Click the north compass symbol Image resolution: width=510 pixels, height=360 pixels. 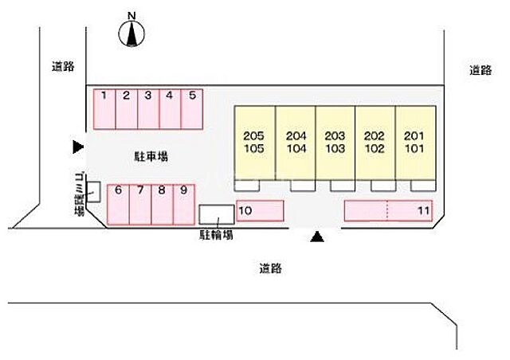(x=132, y=32)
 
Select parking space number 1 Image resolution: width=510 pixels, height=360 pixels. (x=104, y=108)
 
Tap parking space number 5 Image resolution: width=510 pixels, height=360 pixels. (x=192, y=108)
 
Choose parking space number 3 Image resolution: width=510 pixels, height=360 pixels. (x=148, y=108)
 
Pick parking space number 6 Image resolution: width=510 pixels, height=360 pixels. (x=118, y=205)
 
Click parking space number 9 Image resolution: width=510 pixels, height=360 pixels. (x=183, y=205)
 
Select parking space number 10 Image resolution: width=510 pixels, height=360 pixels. (x=260, y=210)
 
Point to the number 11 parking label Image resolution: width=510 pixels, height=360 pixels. (x=423, y=210)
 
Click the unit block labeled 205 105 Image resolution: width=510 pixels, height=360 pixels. (x=254, y=143)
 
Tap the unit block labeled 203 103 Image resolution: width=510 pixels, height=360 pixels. (x=335, y=143)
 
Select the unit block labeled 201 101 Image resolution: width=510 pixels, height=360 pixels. (x=415, y=143)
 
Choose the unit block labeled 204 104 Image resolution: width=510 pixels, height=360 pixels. (x=295, y=143)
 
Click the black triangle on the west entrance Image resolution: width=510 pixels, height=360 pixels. (x=77, y=147)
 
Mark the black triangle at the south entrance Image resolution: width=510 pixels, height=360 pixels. (x=317, y=236)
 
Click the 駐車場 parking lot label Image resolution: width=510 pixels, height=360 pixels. (x=149, y=157)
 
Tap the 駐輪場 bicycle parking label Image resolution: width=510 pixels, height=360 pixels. (x=217, y=236)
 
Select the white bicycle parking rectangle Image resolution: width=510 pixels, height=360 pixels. (x=216, y=214)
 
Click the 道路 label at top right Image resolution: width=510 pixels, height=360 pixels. (x=481, y=71)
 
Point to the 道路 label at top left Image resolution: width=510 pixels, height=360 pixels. (x=63, y=67)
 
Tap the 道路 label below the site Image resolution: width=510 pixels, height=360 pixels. (x=270, y=268)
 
